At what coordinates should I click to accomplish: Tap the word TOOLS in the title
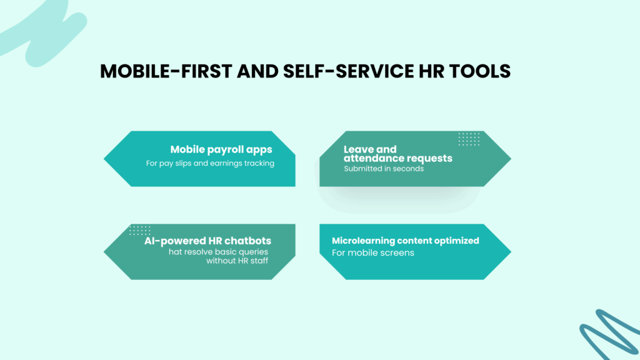click(479, 71)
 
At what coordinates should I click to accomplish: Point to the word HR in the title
click(431, 71)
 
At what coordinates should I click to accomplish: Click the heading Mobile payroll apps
click(221, 150)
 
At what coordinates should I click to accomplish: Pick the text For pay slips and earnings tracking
click(210, 163)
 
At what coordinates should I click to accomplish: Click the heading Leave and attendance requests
click(398, 154)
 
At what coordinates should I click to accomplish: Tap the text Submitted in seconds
click(384, 169)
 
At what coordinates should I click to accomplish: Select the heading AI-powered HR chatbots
click(207, 241)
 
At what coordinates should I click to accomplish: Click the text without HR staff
click(237, 261)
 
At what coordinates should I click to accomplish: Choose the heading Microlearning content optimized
click(405, 241)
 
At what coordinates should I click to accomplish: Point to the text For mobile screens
click(373, 252)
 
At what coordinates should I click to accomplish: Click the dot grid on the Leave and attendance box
click(469, 139)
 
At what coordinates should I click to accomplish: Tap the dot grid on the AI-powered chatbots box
click(139, 230)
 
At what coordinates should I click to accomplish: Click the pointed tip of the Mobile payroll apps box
click(104, 159)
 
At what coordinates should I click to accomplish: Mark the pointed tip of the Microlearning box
click(511, 252)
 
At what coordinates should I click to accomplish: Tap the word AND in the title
click(257, 71)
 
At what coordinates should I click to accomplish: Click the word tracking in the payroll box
click(259, 163)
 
